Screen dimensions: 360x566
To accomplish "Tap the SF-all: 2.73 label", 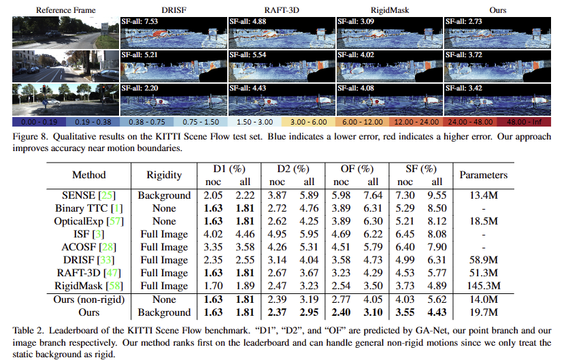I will (x=465, y=21).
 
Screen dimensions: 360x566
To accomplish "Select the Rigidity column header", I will (x=164, y=175).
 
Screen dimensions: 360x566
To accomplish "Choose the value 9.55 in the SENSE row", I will (x=435, y=195).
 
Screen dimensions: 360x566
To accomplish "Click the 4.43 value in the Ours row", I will (x=435, y=312).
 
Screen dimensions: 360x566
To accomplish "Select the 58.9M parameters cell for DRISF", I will (x=483, y=260).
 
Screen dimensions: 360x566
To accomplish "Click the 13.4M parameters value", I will (x=483, y=195).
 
